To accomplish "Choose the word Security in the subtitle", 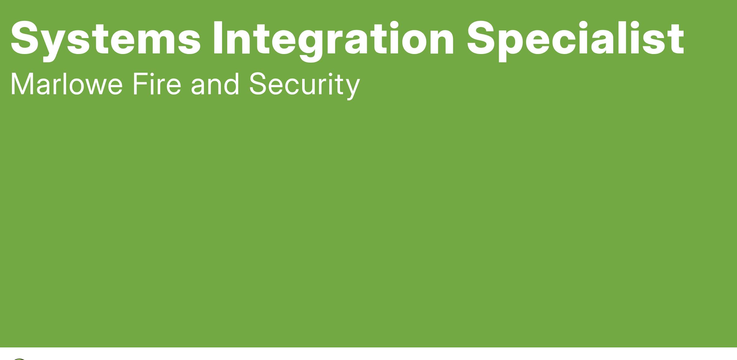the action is click(304, 86).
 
